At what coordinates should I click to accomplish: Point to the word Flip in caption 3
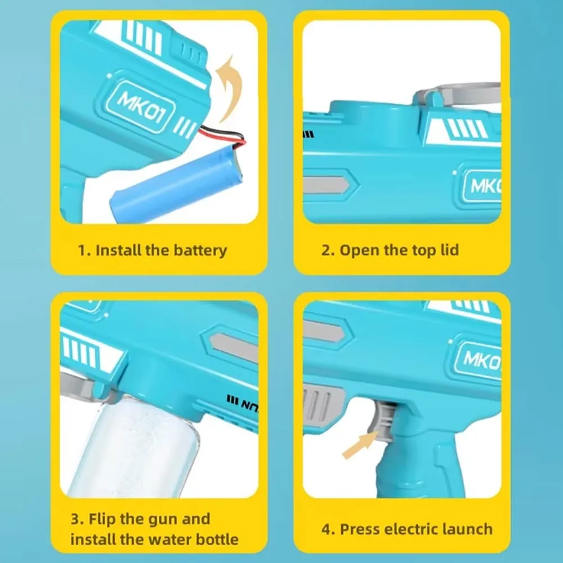108,519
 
